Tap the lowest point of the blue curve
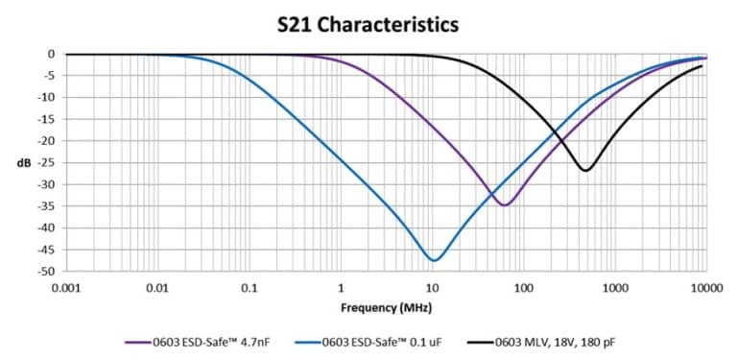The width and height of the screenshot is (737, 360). pos(435,260)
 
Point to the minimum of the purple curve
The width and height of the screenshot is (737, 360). pos(505,204)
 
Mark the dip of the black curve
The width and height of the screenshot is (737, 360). pos(584,170)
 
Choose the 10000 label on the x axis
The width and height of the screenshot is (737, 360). pos(706,288)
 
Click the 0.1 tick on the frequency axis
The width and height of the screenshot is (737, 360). pos(249,288)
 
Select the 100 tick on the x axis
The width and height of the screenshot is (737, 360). pos(524,288)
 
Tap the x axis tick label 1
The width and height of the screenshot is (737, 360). pos(340,288)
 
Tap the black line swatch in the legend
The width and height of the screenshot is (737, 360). pos(481,341)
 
